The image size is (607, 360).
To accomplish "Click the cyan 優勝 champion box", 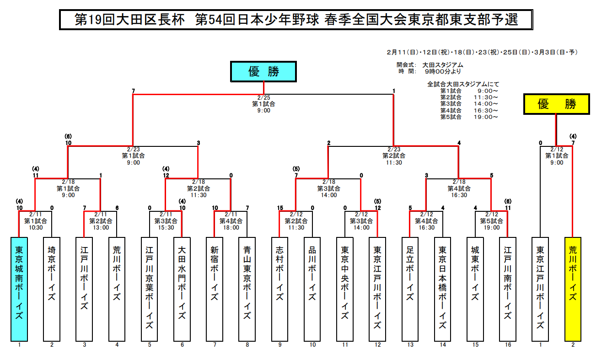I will click(x=263, y=71).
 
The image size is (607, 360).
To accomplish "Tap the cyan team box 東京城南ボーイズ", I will click(x=19, y=289).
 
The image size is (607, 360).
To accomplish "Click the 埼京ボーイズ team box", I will click(x=52, y=289).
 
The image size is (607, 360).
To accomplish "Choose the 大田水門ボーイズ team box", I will click(x=182, y=289).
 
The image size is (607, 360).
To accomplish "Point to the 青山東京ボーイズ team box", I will click(x=247, y=289).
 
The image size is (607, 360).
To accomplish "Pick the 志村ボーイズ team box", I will click(x=279, y=289).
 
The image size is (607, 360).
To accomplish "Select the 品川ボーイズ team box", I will click(x=312, y=289).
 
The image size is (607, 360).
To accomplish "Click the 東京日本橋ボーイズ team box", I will click(x=442, y=289).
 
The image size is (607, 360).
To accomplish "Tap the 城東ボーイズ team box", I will click(x=475, y=289).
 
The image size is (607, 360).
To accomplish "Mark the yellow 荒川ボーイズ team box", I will click(x=573, y=289).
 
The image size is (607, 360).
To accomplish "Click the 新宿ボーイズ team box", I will click(x=215, y=289).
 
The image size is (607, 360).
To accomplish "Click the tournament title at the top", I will click(x=296, y=20).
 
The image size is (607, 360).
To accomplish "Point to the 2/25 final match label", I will click(x=264, y=104).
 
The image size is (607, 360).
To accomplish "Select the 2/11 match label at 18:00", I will click(x=231, y=221).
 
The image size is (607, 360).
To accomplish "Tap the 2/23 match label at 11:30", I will click(x=394, y=156).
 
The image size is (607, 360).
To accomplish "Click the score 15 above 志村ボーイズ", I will click(x=280, y=208).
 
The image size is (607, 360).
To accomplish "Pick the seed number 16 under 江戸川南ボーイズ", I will click(x=508, y=345).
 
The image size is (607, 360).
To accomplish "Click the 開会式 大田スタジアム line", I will click(x=430, y=65).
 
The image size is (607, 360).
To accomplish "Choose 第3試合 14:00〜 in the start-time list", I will click(x=468, y=104).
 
